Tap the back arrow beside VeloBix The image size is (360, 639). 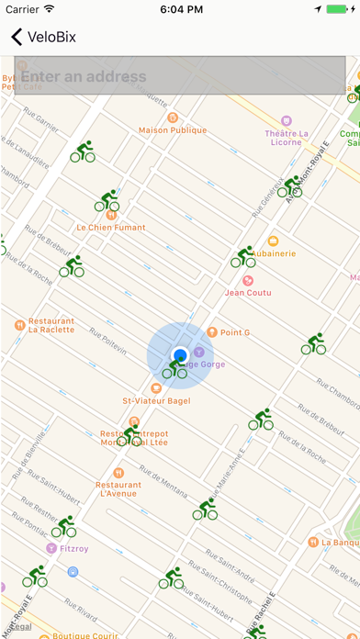[17, 38]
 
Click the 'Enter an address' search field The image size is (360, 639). [180, 76]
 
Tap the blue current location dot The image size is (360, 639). [180, 354]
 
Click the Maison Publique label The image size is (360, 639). [173, 129]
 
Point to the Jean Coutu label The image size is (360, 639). [248, 293]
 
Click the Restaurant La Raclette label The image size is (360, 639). [51, 327]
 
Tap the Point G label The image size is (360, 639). [234, 332]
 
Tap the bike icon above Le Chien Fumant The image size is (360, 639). [107, 200]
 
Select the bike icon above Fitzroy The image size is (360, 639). [63, 526]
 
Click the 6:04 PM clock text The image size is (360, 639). [180, 9]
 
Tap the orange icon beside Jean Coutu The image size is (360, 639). [247, 280]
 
